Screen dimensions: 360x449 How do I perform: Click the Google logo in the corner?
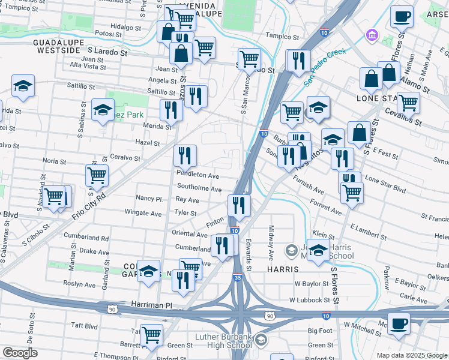[20, 353]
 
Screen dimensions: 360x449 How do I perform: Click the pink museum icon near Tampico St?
[372, 35]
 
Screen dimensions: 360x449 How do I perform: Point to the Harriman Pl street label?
[143, 305]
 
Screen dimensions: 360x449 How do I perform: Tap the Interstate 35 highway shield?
[238, 278]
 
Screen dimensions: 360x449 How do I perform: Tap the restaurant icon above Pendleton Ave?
[185, 156]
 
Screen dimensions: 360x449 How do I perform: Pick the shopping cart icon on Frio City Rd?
[97, 175]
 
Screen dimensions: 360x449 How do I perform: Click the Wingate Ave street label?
[143, 213]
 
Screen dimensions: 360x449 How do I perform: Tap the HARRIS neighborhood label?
[279, 269]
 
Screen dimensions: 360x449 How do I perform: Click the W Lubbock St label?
[309, 299]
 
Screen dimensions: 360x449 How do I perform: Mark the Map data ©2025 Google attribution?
[412, 355]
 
